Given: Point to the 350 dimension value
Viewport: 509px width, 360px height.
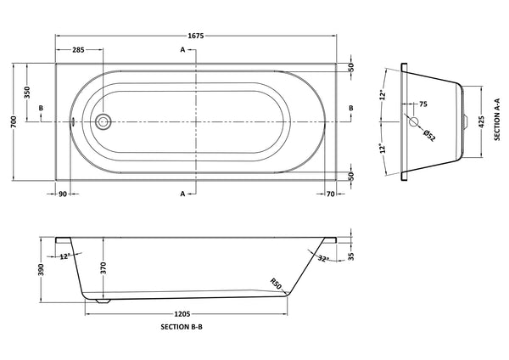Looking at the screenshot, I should (27, 93).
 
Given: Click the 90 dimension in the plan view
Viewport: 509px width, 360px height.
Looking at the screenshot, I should (63, 194).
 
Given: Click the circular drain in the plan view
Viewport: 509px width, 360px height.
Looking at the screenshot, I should (103, 122).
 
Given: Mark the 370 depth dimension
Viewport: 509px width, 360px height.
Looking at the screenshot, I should (102, 266).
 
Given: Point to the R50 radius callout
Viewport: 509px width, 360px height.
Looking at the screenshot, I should (275, 284).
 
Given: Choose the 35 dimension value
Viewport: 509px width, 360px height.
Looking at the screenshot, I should (350, 253).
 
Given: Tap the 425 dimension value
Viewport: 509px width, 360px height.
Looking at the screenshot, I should (483, 121).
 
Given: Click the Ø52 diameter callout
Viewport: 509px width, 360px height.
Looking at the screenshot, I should (429, 136).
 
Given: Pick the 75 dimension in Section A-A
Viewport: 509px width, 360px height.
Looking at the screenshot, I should (422, 104).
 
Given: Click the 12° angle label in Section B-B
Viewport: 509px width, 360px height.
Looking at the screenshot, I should (65, 258).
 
